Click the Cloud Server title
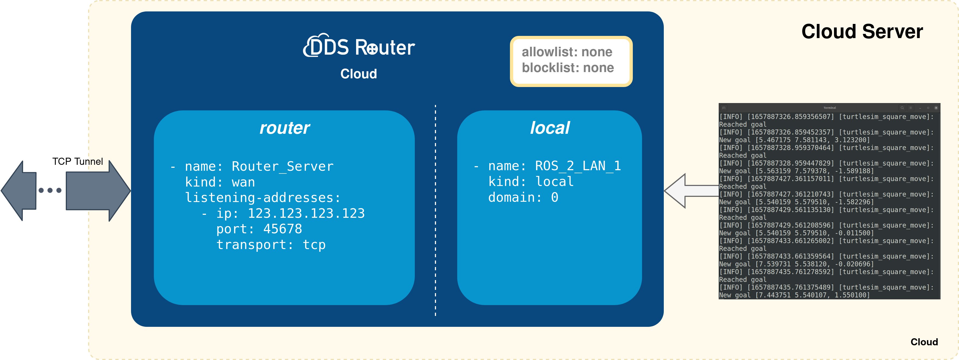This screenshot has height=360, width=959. pyautogui.click(x=862, y=32)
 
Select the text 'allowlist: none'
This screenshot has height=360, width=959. pyautogui.click(x=566, y=52)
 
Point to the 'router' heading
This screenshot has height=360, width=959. pyautogui.click(x=284, y=128)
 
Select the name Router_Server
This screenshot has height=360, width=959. pyautogui.click(x=282, y=166)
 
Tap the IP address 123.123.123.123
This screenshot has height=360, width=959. pyautogui.click(x=306, y=213)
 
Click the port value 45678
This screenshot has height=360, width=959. pyautogui.click(x=283, y=229)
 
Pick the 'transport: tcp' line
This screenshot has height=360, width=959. pyautogui.click(x=271, y=245)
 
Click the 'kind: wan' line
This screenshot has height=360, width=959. pyautogui.click(x=220, y=182)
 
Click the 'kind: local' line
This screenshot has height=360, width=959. pyautogui.click(x=531, y=182)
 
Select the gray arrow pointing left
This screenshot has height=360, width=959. pyautogui.click(x=18, y=191)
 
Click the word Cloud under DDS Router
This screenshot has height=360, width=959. pyautogui.click(x=359, y=74)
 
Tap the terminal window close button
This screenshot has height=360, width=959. pyautogui.click(x=936, y=108)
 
